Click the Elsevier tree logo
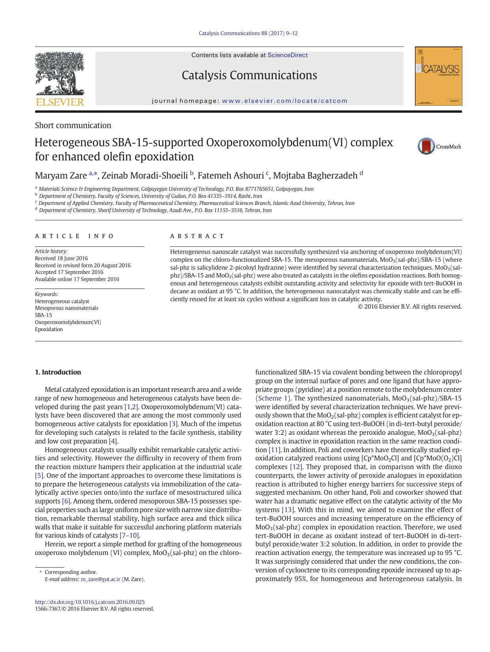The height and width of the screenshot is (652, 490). tap(60, 75)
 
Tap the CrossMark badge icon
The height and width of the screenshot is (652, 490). tap(426, 146)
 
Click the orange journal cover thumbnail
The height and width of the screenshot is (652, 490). tap(438, 76)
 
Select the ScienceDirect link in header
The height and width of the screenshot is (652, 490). tap(287, 55)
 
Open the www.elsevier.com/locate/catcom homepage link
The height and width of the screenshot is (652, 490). tap(284, 101)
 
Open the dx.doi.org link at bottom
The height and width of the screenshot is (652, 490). tap(90, 602)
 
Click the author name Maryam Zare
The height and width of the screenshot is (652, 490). tap(60, 175)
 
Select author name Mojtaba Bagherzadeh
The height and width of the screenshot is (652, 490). tap(315, 175)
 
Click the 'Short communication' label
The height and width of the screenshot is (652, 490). tap(73, 125)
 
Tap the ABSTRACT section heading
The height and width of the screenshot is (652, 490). tap(197, 236)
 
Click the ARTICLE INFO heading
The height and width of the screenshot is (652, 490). tap(74, 236)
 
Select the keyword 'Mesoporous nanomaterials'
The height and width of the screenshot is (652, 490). tap(66, 308)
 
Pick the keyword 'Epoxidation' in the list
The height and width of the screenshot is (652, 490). tap(49, 329)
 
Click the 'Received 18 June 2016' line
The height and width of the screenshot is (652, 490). tap(61, 258)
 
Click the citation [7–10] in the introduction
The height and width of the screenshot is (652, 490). tap(130, 535)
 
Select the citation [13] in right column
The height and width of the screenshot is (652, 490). tap(288, 510)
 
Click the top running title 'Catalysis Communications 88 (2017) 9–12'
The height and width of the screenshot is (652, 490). tap(248, 33)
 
